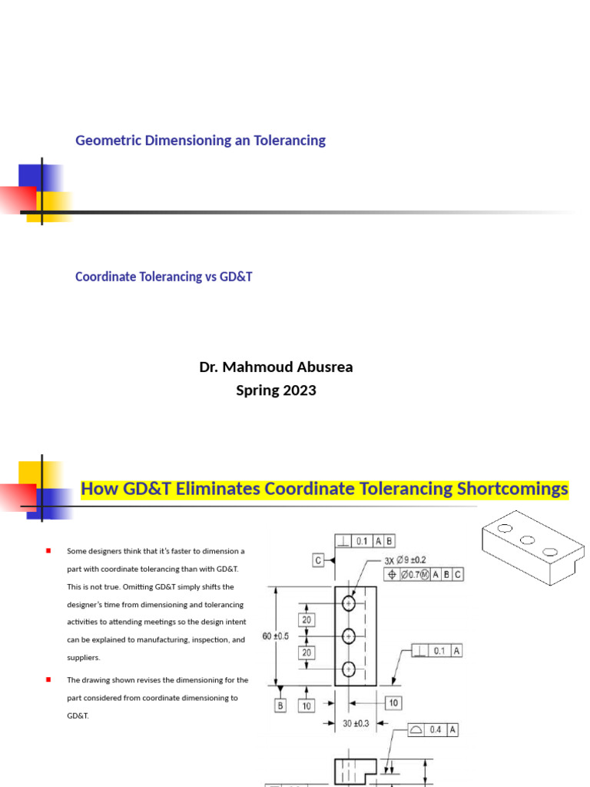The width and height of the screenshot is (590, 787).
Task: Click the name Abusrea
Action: [x=319, y=367]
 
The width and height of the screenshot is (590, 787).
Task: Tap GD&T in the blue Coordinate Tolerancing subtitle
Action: [x=237, y=277]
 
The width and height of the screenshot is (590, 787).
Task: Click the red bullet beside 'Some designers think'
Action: [x=48, y=550]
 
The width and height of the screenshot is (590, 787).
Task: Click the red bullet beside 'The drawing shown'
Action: [x=48, y=679]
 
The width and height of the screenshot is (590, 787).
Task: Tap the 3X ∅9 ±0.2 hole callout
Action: [x=405, y=560]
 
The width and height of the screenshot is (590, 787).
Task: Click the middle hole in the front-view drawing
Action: [x=349, y=636]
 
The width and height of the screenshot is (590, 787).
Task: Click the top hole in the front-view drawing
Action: [x=349, y=603]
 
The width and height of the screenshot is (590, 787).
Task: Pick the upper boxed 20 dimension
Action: [x=307, y=619]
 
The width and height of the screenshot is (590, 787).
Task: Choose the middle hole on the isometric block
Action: [x=527, y=540]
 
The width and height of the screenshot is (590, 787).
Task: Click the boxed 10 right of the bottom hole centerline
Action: [x=391, y=702]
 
